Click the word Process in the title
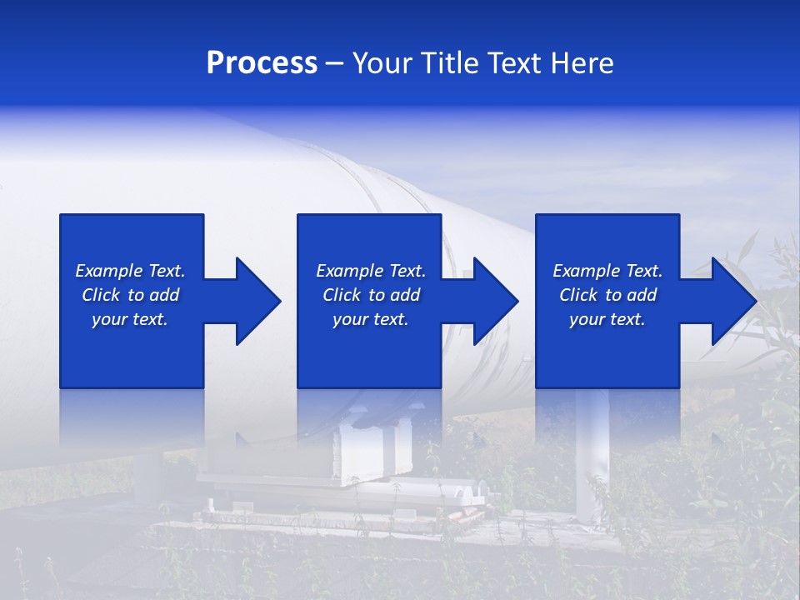[x=262, y=63]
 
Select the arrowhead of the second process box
[x=494, y=301]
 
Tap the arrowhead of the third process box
[x=732, y=301]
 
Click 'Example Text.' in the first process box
[x=130, y=271]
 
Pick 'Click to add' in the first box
[x=130, y=295]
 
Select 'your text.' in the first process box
[x=130, y=319]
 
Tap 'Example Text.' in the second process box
[x=370, y=271]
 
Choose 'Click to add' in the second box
[x=370, y=295]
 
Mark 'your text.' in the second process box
[x=370, y=319]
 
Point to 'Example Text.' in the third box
[x=607, y=271]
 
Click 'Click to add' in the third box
[x=607, y=295]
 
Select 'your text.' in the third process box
[x=607, y=319]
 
